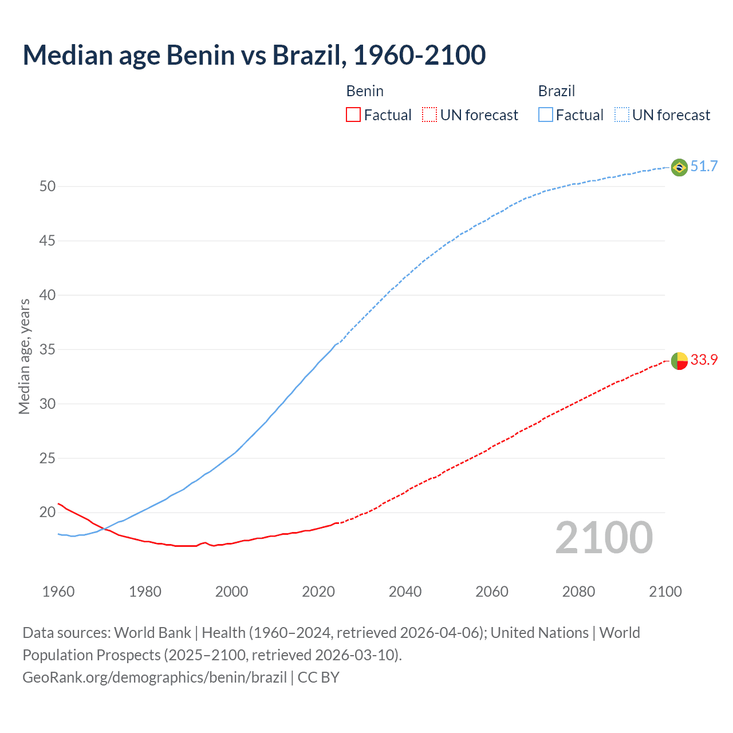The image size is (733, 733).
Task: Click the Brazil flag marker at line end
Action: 679,167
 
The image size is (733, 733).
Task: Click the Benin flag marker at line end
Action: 679,361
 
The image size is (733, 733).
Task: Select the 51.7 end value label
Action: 704,167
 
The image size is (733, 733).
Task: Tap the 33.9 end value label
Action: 704,360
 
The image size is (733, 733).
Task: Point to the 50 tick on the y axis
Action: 48,187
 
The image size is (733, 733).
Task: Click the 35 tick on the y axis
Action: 48,350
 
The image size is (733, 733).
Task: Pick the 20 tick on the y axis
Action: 48,513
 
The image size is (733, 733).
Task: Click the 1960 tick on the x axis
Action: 58,592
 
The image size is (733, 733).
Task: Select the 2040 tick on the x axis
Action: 405,592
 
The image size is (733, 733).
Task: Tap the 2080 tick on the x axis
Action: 578,592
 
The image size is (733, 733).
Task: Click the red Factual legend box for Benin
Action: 353,115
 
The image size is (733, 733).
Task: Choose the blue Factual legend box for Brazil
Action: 546,115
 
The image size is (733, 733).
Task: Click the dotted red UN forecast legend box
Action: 429,115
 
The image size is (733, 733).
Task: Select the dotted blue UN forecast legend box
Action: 622,115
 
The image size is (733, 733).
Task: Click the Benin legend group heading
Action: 365,91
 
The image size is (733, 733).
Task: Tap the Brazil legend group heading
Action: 556,91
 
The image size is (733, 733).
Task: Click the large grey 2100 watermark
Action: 604,538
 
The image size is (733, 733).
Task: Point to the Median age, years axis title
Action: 24,356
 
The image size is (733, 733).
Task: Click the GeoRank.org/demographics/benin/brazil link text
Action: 155,677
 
